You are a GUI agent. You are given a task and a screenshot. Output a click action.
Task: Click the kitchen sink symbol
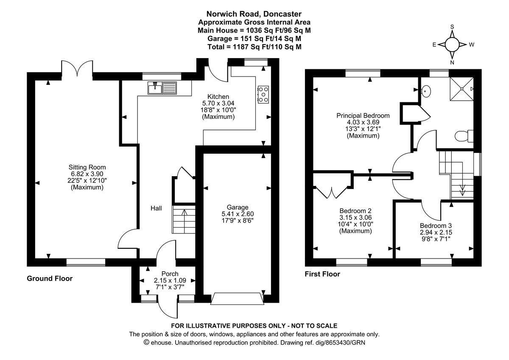(162, 88)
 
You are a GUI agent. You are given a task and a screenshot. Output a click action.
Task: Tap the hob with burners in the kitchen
(263, 94)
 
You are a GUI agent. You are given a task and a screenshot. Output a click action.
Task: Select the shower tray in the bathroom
(462, 89)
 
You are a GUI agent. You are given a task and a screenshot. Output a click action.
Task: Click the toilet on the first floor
(464, 136)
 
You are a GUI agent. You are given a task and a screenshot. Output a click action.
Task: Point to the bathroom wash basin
(426, 91)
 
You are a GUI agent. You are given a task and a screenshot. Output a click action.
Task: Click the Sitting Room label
(87, 167)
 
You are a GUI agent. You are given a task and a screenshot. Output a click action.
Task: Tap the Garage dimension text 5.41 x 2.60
(238, 214)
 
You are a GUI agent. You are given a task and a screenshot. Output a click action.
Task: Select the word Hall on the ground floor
(156, 208)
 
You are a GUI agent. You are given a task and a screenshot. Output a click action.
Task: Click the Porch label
(170, 273)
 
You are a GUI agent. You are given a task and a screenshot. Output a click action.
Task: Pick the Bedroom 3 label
(436, 225)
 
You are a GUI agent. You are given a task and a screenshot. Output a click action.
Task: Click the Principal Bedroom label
(363, 115)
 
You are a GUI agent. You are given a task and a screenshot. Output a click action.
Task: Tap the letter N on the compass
(452, 62)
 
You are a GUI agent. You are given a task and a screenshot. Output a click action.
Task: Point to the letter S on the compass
(452, 27)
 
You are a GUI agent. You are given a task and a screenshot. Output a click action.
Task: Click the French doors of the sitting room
(77, 68)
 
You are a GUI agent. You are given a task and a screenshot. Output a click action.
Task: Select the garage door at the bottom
(238, 298)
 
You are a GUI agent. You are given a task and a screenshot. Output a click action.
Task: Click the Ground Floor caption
(50, 278)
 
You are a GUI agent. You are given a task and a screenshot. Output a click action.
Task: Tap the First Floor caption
(322, 274)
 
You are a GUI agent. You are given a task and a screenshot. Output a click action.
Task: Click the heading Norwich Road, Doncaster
(254, 14)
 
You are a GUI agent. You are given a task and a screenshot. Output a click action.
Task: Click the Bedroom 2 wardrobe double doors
(332, 193)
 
